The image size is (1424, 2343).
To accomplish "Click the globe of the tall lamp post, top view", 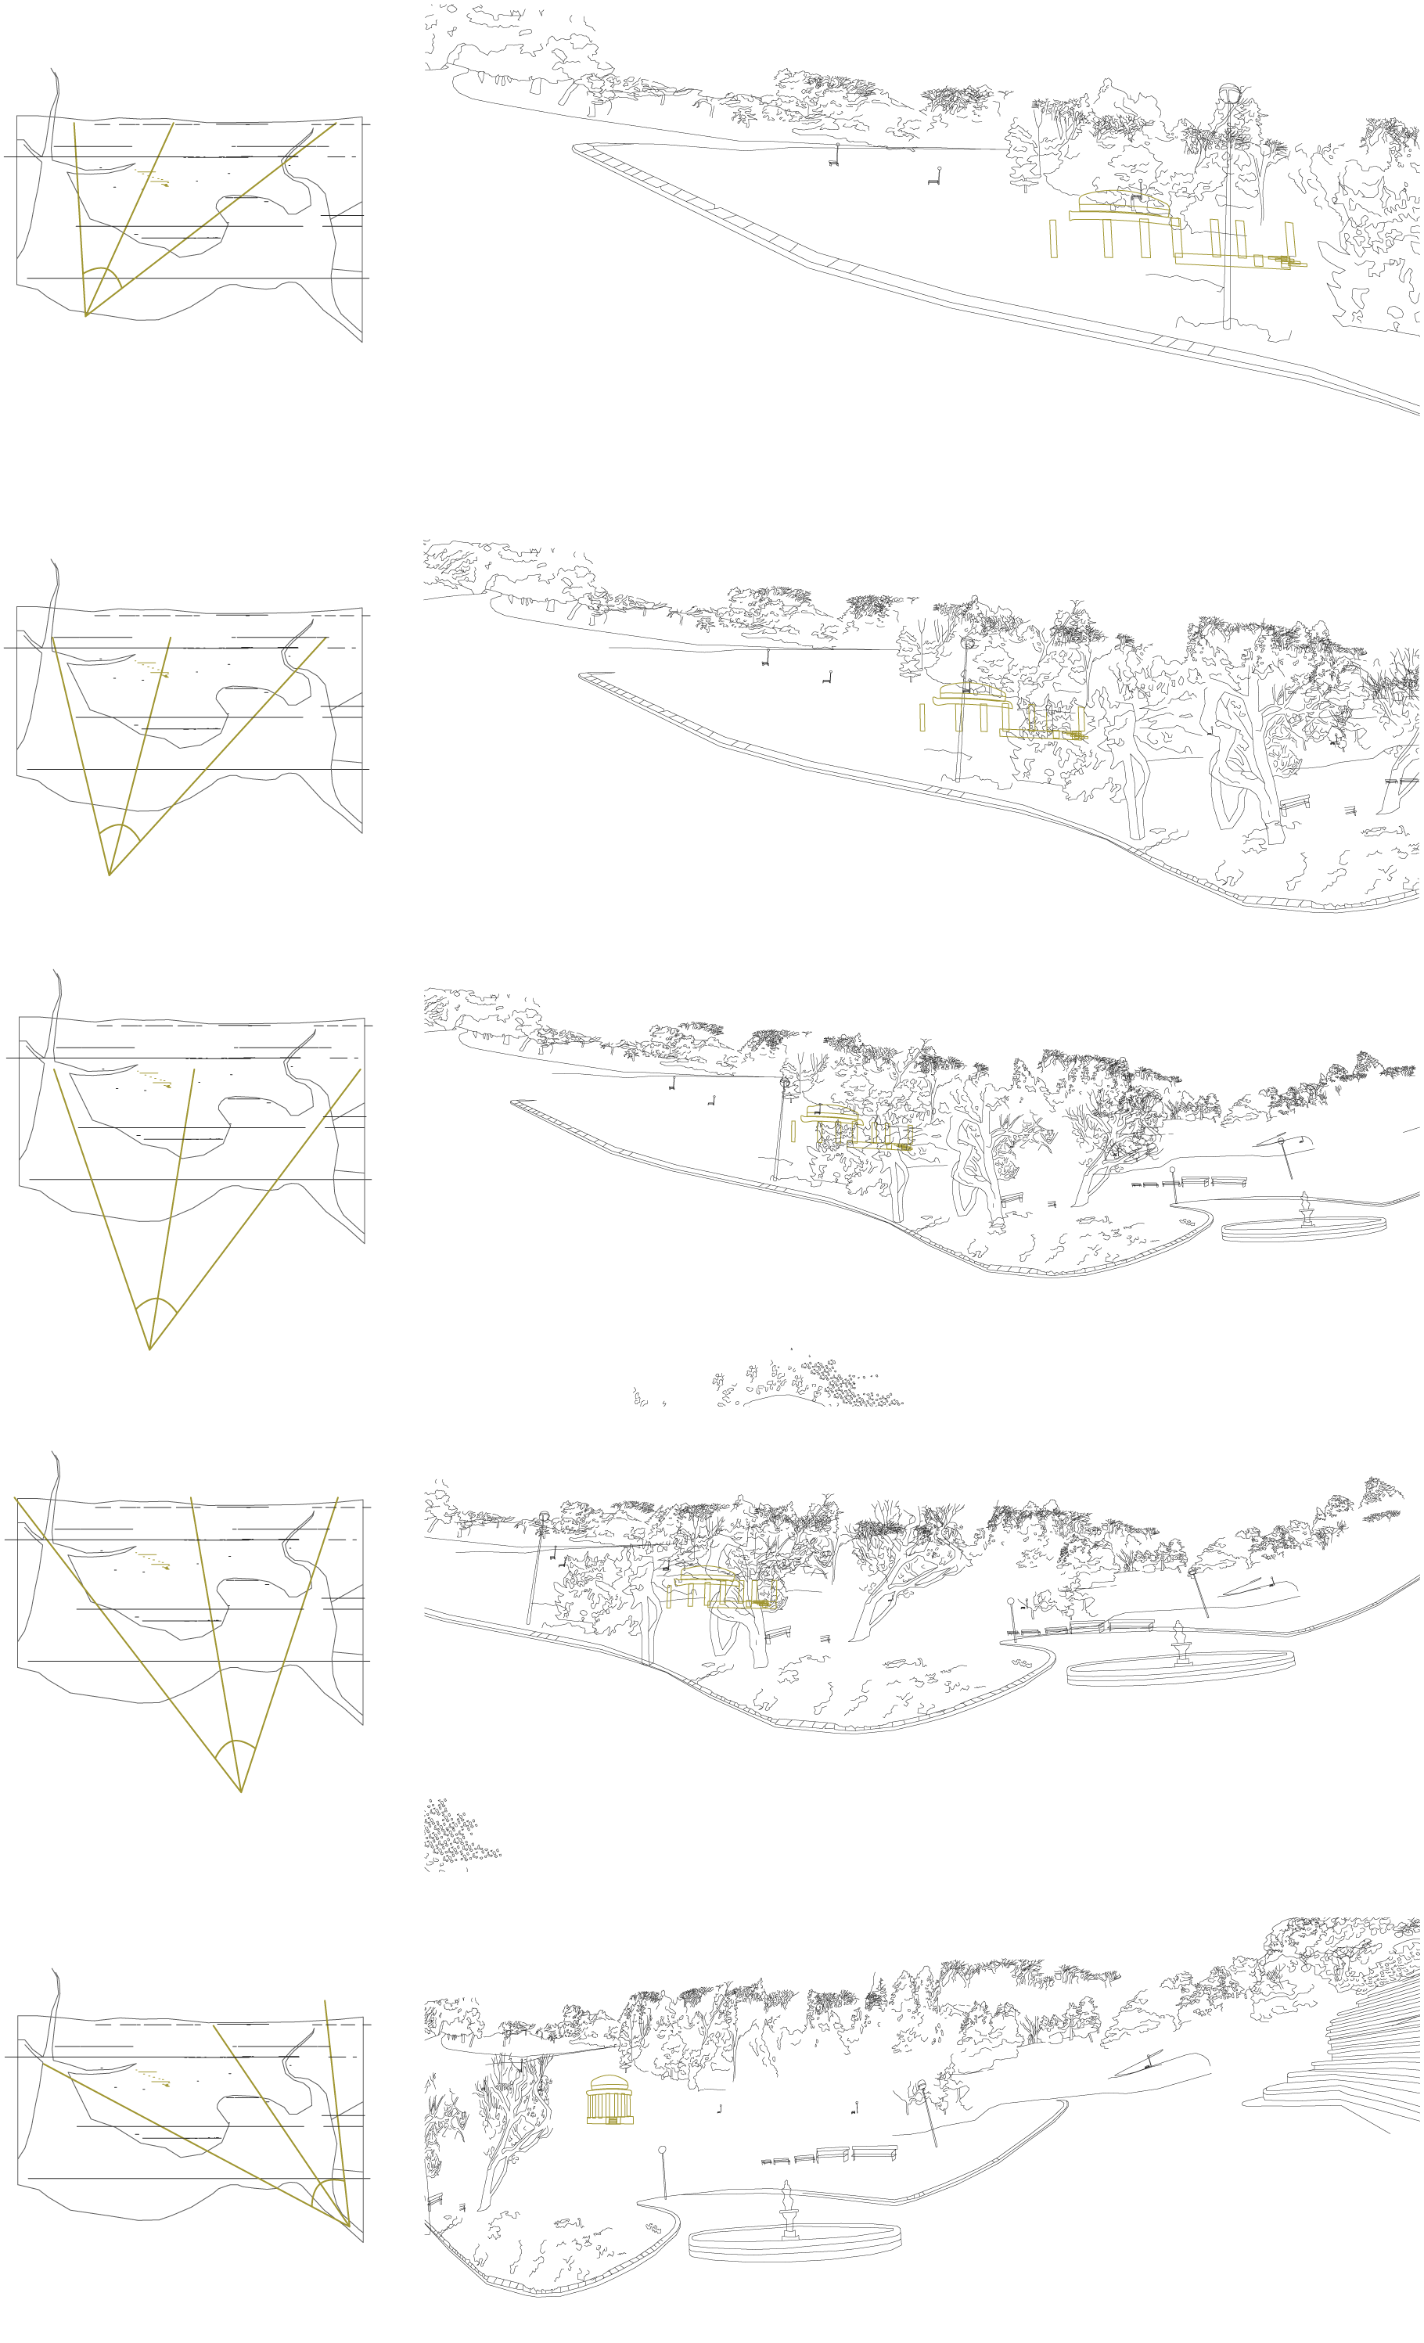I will click(1230, 92).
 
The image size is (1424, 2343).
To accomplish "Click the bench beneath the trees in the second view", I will click(1293, 803).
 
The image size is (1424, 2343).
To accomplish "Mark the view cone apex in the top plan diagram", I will click(87, 314).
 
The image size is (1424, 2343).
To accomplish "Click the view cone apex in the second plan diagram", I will click(110, 874).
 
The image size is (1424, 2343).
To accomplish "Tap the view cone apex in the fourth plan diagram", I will click(242, 1791).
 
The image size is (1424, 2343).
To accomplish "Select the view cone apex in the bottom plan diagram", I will click(349, 2226).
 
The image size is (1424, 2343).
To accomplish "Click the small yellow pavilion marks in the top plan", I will click(153, 178).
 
